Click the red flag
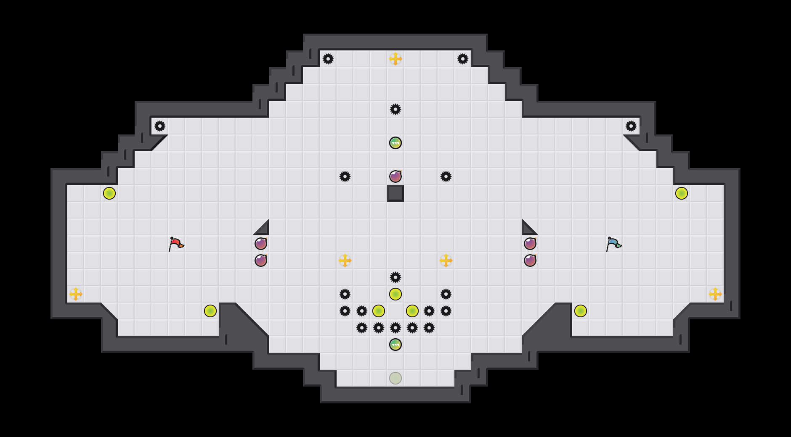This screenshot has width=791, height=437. coord(176,244)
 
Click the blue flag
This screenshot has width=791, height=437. coord(613,244)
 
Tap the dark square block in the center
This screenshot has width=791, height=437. coord(395,193)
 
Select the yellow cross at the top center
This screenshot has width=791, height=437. coord(395,59)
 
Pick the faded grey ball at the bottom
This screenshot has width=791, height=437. coord(395,378)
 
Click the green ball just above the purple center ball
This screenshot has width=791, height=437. coord(395,143)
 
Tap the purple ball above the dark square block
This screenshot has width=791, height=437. coord(395,176)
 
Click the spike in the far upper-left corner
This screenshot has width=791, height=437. coord(160,126)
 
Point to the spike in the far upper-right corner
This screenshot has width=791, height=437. coord(631,126)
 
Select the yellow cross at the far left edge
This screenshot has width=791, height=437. coord(76,294)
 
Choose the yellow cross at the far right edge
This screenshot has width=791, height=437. coord(715,294)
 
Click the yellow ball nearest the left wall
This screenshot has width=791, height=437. coord(109,193)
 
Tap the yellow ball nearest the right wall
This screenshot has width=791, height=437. coord(682,193)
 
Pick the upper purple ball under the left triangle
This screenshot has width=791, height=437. coord(261,244)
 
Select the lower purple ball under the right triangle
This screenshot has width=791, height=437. coord(530,261)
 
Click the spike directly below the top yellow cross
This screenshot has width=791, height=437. coord(395,109)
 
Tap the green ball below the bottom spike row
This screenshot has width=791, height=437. coord(395,345)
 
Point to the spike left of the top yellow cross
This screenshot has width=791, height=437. coord(328,59)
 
